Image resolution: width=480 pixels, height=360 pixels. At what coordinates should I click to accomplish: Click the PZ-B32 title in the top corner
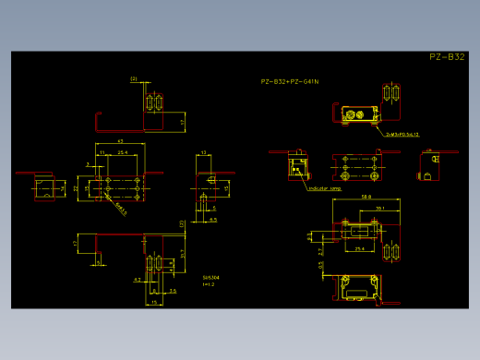click(x=447, y=57)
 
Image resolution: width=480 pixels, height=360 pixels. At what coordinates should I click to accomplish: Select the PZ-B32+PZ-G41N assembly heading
click(x=290, y=82)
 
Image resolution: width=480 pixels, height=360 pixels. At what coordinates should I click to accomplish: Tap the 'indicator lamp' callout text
click(x=324, y=188)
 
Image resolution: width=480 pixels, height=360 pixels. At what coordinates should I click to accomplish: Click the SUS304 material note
click(x=210, y=277)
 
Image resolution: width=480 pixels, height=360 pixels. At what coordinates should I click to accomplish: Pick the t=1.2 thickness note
click(x=209, y=284)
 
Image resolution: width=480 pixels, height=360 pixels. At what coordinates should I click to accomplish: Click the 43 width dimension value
click(x=121, y=140)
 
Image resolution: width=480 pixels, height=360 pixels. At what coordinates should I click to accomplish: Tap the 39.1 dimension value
click(x=380, y=209)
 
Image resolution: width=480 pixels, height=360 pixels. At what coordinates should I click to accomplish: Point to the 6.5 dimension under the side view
click(x=212, y=220)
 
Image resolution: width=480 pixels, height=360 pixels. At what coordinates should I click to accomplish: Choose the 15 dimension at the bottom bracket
click(x=155, y=302)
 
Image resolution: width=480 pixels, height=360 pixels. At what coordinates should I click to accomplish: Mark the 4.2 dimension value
click(x=138, y=279)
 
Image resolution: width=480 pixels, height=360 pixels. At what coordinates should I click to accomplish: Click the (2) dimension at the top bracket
click(x=134, y=79)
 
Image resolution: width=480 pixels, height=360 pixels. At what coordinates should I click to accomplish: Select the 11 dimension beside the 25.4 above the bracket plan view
click(x=102, y=152)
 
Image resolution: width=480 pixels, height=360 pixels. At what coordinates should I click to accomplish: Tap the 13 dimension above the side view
click(x=203, y=152)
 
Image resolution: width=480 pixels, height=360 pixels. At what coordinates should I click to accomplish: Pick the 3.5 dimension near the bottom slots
click(x=173, y=291)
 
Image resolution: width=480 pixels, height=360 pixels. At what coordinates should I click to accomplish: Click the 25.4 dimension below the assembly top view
click(x=360, y=248)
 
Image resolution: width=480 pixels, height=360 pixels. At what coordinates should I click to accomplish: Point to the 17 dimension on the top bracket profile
click(x=183, y=121)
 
